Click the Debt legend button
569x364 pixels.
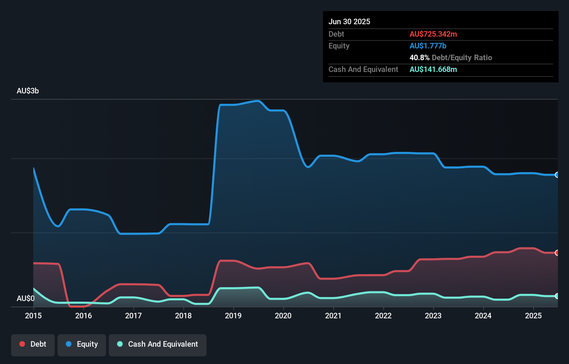tap(33, 344)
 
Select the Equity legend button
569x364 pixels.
tap(82, 344)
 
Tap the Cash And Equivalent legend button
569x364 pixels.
tap(158, 344)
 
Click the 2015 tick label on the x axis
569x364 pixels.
tap(33, 316)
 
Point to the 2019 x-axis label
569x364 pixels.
tap(233, 316)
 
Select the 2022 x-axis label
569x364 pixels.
tap(383, 316)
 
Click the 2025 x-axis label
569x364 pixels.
tap(533, 316)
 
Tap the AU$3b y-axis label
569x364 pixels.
tap(28, 91)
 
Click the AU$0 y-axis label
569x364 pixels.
tap(26, 298)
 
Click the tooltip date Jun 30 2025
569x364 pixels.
tap(349, 21)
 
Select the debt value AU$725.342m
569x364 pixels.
tap(433, 34)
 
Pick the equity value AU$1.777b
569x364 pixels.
tap(428, 46)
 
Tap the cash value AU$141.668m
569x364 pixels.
tap(433, 69)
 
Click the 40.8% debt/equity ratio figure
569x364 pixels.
tap(419, 57)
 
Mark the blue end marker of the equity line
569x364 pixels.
tap(557, 175)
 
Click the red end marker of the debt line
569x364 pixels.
tap(557, 253)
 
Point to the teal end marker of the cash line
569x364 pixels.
tap(557, 296)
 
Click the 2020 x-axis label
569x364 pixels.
tap(283, 316)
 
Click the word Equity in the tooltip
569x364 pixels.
tap(339, 46)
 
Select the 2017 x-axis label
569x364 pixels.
tap(133, 316)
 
